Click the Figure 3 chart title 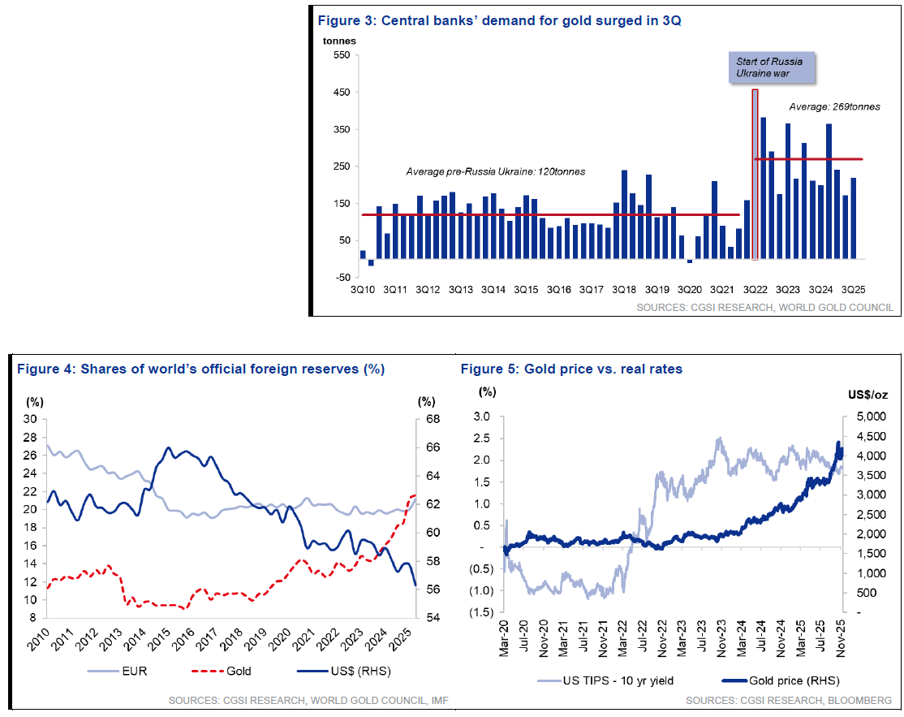pos(498,21)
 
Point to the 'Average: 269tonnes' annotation pos(833,106)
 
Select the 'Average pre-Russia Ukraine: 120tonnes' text pos(495,172)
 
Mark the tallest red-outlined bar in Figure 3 pos(755,175)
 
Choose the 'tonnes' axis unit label pos(339,40)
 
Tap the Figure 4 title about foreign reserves pos(200,369)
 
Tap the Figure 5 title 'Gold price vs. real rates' pos(571,369)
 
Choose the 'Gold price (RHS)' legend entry pos(784,679)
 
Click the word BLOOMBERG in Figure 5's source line pos(863,700)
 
